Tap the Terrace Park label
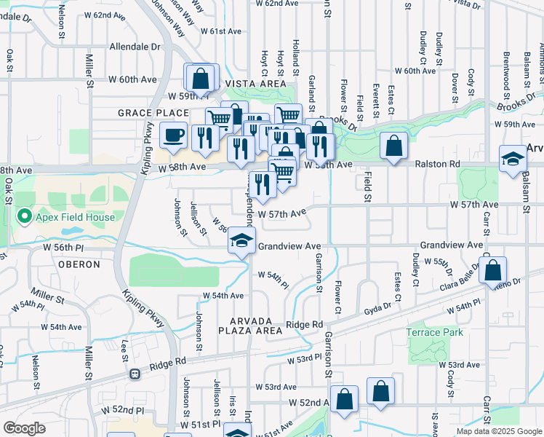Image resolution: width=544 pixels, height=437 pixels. click(436, 332)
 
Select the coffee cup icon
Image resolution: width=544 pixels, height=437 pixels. click(173, 135)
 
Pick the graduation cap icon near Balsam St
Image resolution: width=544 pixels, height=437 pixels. click(513, 158)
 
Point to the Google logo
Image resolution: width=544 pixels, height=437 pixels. click(24, 428)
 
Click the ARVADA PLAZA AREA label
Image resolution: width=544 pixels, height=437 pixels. click(249, 326)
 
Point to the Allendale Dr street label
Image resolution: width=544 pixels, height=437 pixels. click(134, 46)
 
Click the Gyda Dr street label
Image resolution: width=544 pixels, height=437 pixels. click(378, 310)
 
